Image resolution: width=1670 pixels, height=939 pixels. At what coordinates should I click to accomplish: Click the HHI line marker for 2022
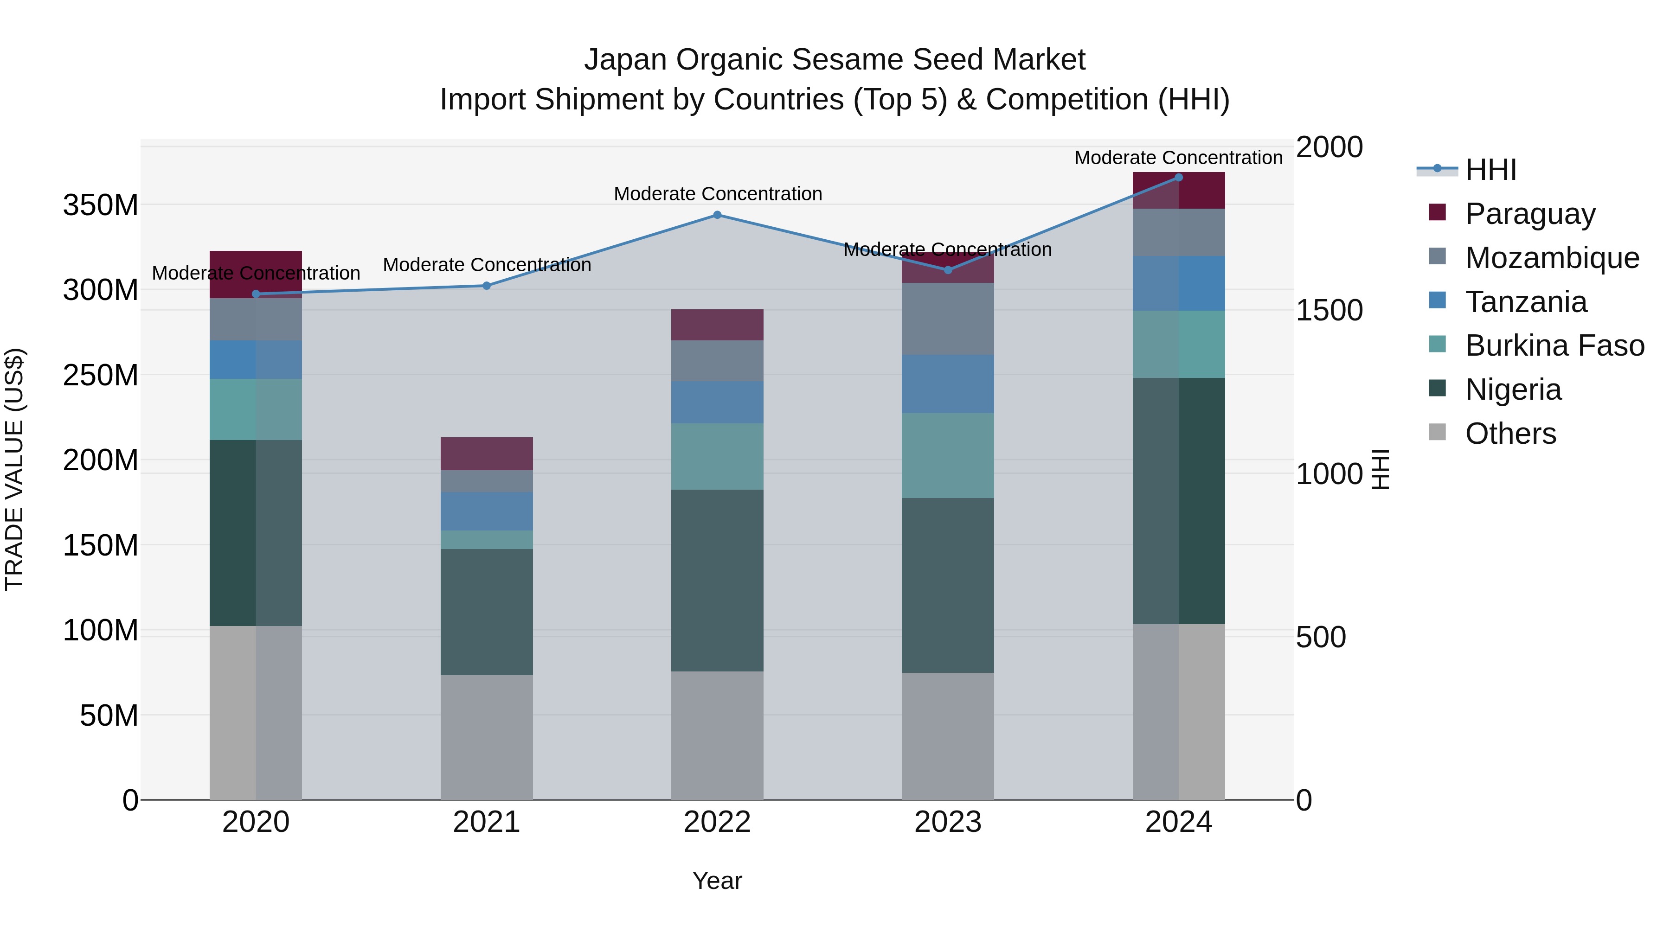point(717,215)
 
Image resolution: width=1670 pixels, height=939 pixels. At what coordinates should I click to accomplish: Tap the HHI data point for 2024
point(1179,178)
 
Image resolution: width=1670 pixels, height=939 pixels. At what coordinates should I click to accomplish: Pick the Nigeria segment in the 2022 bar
point(717,580)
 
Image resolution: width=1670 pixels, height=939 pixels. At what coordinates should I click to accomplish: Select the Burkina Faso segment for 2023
point(948,455)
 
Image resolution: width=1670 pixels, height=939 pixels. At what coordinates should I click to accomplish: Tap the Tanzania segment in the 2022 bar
point(717,402)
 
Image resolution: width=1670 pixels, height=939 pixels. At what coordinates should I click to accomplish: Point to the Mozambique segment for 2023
point(948,319)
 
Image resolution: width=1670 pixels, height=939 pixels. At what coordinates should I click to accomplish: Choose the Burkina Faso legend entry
point(1554,345)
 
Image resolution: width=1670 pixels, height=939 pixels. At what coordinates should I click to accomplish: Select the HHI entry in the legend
point(1490,170)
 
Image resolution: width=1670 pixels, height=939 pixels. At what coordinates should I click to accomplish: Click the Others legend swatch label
point(1510,434)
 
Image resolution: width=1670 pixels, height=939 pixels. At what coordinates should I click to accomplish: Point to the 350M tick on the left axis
point(101,205)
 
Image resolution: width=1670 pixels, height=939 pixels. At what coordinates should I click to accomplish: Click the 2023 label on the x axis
point(948,822)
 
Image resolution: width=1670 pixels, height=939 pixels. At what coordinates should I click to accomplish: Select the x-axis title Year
point(717,881)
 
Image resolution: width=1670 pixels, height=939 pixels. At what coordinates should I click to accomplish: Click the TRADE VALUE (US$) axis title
point(14,469)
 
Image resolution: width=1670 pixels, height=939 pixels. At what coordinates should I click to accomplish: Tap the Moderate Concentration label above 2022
point(718,194)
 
